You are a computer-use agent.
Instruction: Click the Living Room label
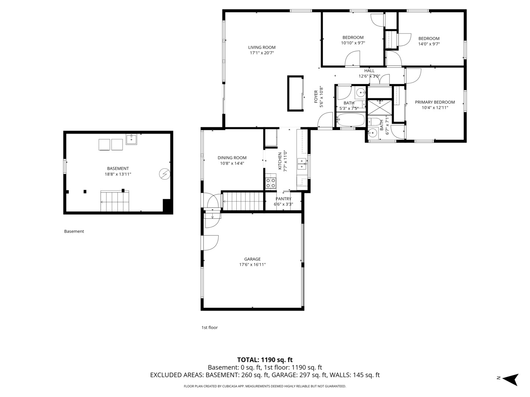click(262, 47)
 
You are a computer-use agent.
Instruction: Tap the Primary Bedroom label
click(435, 102)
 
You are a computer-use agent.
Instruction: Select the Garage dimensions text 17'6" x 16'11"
click(252, 264)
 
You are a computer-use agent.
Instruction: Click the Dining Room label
click(232, 158)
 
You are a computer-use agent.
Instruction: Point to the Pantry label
click(283, 198)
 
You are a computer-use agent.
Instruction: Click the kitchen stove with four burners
click(271, 183)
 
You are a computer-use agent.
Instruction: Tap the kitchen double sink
click(301, 164)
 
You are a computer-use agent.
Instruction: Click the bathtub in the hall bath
click(351, 120)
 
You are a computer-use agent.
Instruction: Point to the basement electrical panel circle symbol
click(165, 174)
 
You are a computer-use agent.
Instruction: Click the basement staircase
click(115, 201)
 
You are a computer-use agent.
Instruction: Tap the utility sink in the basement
click(131, 139)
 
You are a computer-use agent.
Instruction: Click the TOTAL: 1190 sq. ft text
click(265, 360)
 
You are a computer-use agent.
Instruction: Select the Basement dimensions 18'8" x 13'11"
click(118, 174)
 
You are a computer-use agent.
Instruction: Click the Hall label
click(369, 71)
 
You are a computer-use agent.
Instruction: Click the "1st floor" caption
click(209, 327)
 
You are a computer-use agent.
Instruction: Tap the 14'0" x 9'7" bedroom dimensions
click(429, 44)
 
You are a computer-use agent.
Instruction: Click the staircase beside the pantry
click(243, 201)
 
